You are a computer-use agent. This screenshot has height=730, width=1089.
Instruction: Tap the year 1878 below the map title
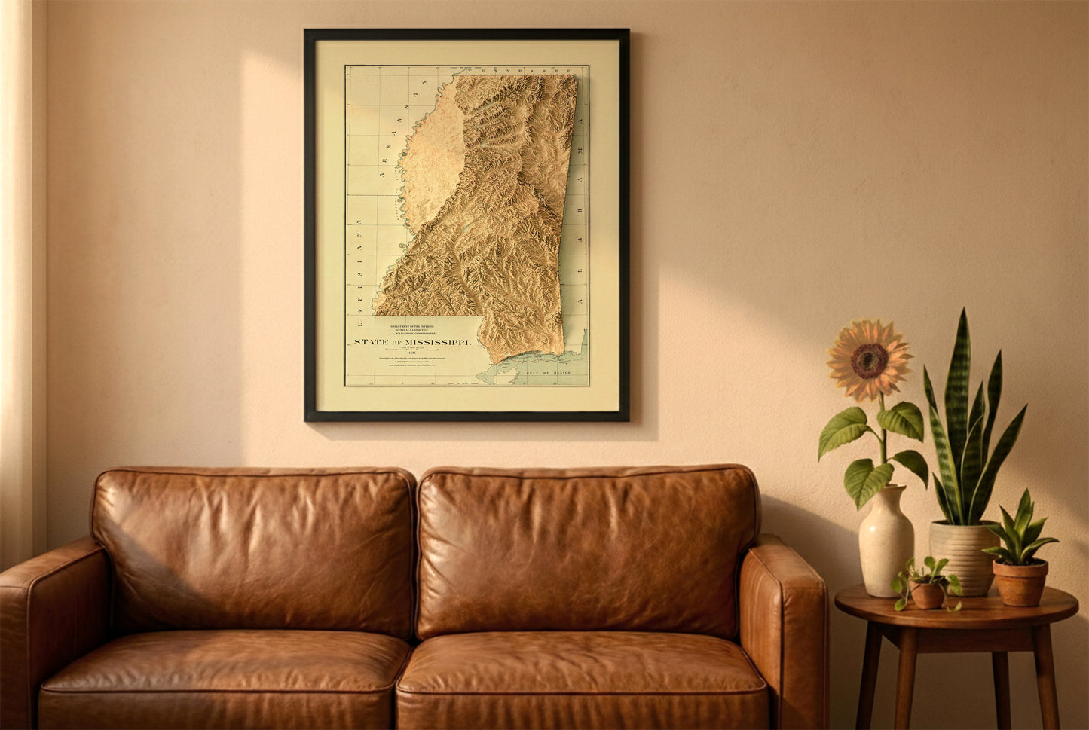pyautogui.click(x=411, y=352)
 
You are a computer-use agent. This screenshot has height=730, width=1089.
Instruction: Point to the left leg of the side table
pyautogui.click(x=869, y=678)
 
